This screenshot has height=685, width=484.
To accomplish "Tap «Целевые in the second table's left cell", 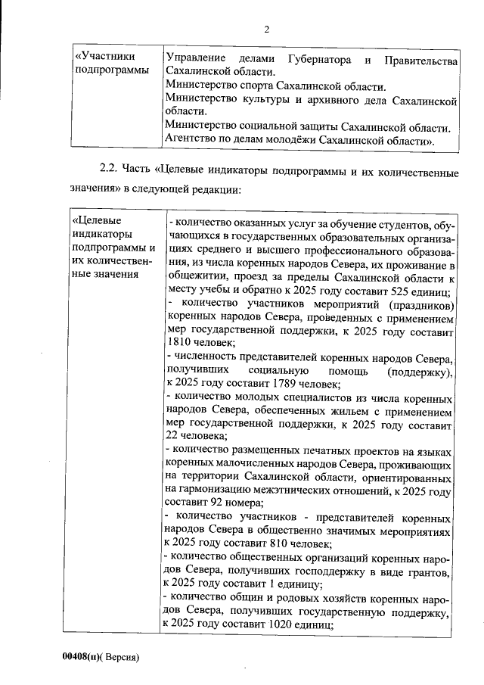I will [x=97, y=220].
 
